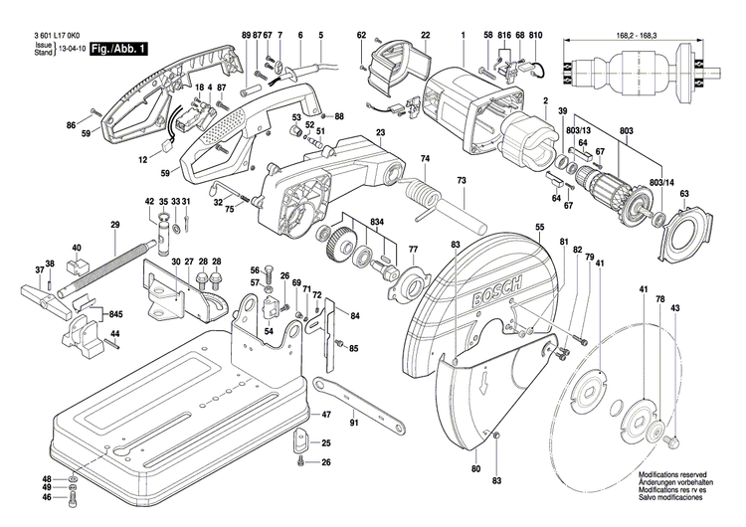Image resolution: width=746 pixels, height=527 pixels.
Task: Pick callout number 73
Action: click(461, 181)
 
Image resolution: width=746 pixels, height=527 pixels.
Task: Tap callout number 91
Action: click(354, 425)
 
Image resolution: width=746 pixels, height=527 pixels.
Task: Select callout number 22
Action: click(425, 36)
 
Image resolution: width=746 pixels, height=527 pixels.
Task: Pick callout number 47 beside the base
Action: click(326, 414)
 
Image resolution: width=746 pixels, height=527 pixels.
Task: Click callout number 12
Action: click(142, 158)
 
